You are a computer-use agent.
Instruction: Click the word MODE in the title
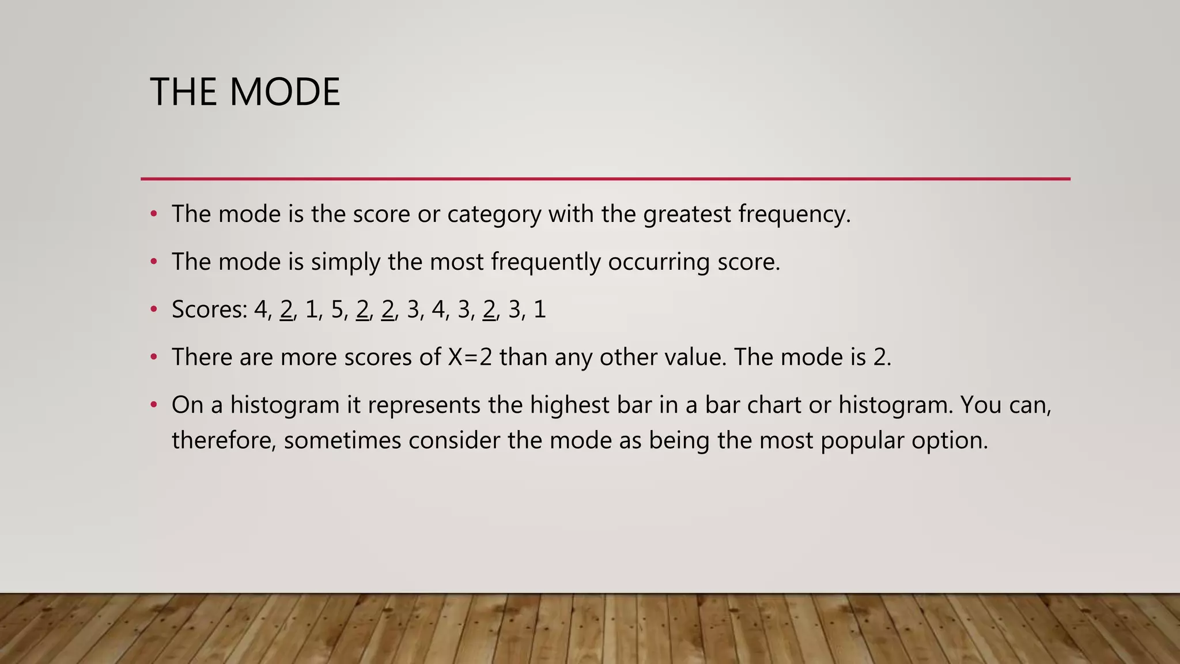pos(285,92)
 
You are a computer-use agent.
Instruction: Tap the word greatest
pos(687,214)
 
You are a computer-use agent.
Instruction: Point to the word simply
pos(346,262)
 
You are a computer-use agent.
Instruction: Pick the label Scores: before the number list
pos(209,310)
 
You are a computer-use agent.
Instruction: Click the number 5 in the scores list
pos(337,310)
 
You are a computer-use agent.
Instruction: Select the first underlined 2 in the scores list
pos(286,310)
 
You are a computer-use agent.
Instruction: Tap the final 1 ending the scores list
pos(540,310)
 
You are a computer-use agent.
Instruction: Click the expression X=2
pos(470,357)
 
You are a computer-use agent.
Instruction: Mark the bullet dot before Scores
pos(153,310)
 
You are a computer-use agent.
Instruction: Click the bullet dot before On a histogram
pos(153,405)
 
